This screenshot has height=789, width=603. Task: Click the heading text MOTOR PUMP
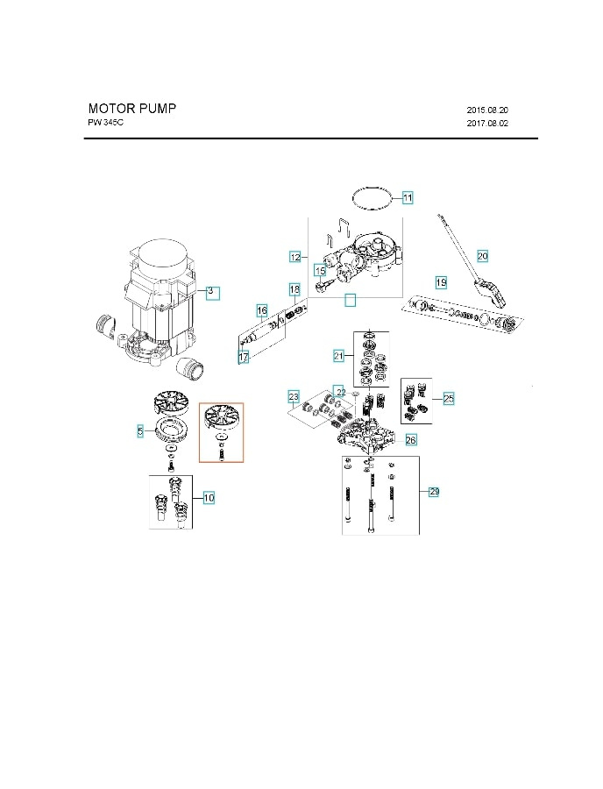point(131,109)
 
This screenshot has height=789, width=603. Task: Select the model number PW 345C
point(106,124)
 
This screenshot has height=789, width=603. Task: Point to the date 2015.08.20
point(487,110)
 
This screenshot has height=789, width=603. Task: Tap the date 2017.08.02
point(487,124)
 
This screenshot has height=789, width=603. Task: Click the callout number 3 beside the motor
point(210,290)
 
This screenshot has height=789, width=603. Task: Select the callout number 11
point(408,197)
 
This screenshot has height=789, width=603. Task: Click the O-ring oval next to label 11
point(372,198)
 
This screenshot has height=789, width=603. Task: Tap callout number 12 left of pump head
point(295,257)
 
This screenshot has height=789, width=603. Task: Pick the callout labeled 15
point(320,272)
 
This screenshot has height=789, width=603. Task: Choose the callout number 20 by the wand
point(482,255)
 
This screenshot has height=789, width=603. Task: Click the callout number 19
point(441,282)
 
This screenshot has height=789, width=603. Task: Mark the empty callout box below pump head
point(350,300)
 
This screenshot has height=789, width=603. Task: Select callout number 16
point(261,310)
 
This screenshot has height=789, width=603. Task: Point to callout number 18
point(294,289)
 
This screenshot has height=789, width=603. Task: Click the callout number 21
point(338,356)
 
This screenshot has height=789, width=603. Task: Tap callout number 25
point(448,398)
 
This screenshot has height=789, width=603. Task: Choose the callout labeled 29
point(434,492)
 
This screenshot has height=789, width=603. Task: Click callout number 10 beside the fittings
point(209,498)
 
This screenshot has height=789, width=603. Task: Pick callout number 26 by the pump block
point(410,439)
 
